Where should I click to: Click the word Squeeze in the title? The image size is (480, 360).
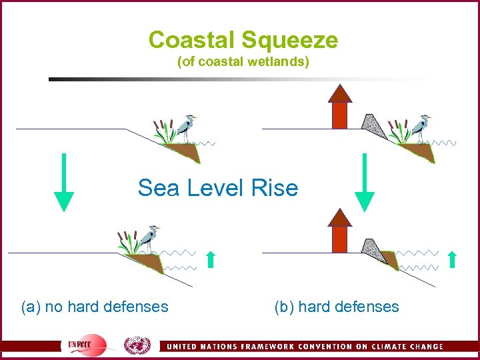[290, 41]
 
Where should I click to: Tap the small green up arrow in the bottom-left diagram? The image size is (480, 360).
[211, 259]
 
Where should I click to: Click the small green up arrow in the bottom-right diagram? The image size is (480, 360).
[452, 259]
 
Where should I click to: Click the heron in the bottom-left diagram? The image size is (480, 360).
[153, 239]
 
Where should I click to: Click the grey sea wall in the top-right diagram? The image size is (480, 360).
[371, 127]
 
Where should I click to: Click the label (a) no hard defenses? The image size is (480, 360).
[95, 307]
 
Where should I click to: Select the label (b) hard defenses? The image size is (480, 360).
[336, 307]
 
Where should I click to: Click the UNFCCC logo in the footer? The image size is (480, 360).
[87, 345]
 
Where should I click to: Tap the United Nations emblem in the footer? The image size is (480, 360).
[138, 345]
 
